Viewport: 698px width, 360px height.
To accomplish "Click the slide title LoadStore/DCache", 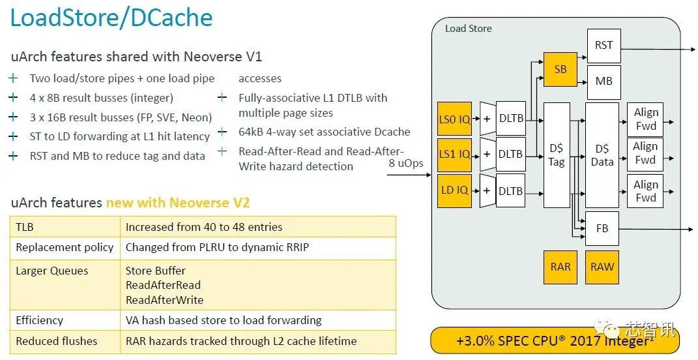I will click(x=111, y=18).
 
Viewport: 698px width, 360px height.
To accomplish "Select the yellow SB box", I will click(x=560, y=69).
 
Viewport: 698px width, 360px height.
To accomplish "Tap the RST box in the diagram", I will click(x=603, y=46).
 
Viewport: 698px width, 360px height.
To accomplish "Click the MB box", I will click(x=603, y=82).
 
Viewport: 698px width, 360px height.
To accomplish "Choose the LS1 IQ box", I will click(x=454, y=154).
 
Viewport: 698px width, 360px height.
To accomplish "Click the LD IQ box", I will click(x=454, y=190).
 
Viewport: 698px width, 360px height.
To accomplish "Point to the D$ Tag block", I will click(x=556, y=155).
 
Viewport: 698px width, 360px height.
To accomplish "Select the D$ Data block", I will click(x=602, y=155).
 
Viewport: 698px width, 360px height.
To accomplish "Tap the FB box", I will click(x=602, y=229).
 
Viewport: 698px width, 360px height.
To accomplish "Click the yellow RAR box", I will click(x=560, y=266).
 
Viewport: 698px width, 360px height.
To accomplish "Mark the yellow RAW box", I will click(x=602, y=266).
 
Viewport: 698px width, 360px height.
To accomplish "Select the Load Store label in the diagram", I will click(x=468, y=29).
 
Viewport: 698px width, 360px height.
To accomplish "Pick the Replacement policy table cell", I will click(x=65, y=247).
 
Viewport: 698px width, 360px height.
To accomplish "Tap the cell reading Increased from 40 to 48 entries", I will click(x=204, y=228).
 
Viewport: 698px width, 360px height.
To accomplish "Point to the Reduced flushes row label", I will click(x=57, y=341).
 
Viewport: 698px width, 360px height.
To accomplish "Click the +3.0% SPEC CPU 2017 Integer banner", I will click(x=555, y=340).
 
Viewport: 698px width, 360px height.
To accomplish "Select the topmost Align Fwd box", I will click(x=645, y=119).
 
